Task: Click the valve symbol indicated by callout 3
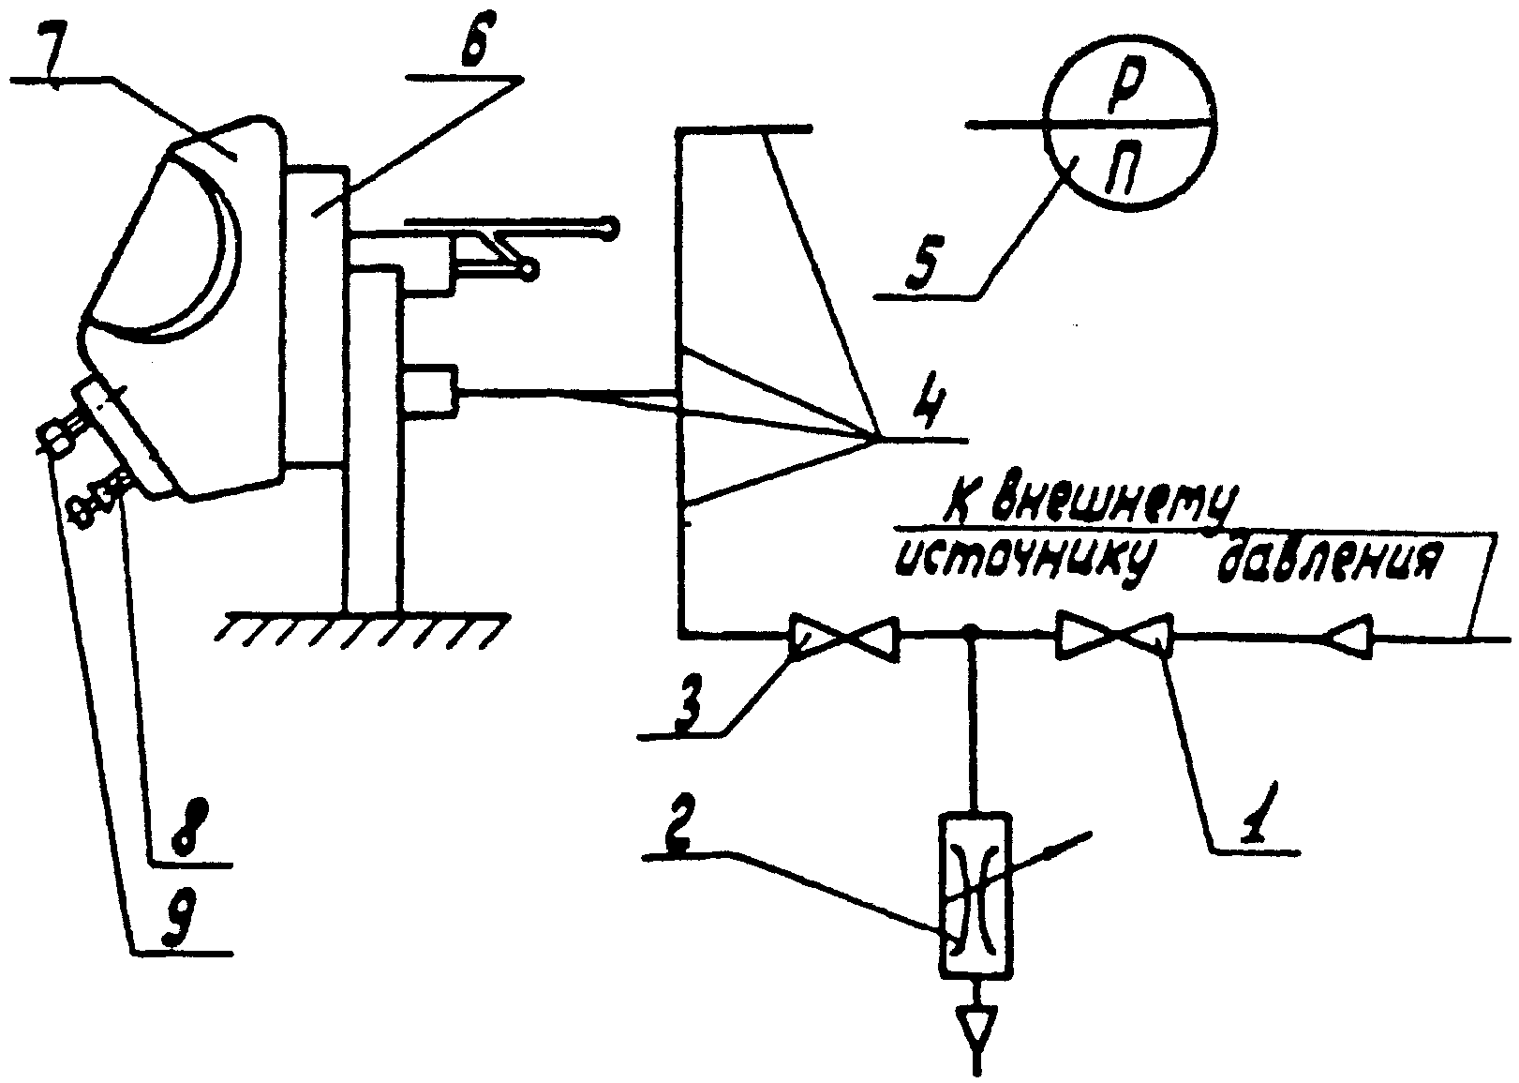click(844, 638)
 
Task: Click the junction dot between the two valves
click(972, 633)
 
